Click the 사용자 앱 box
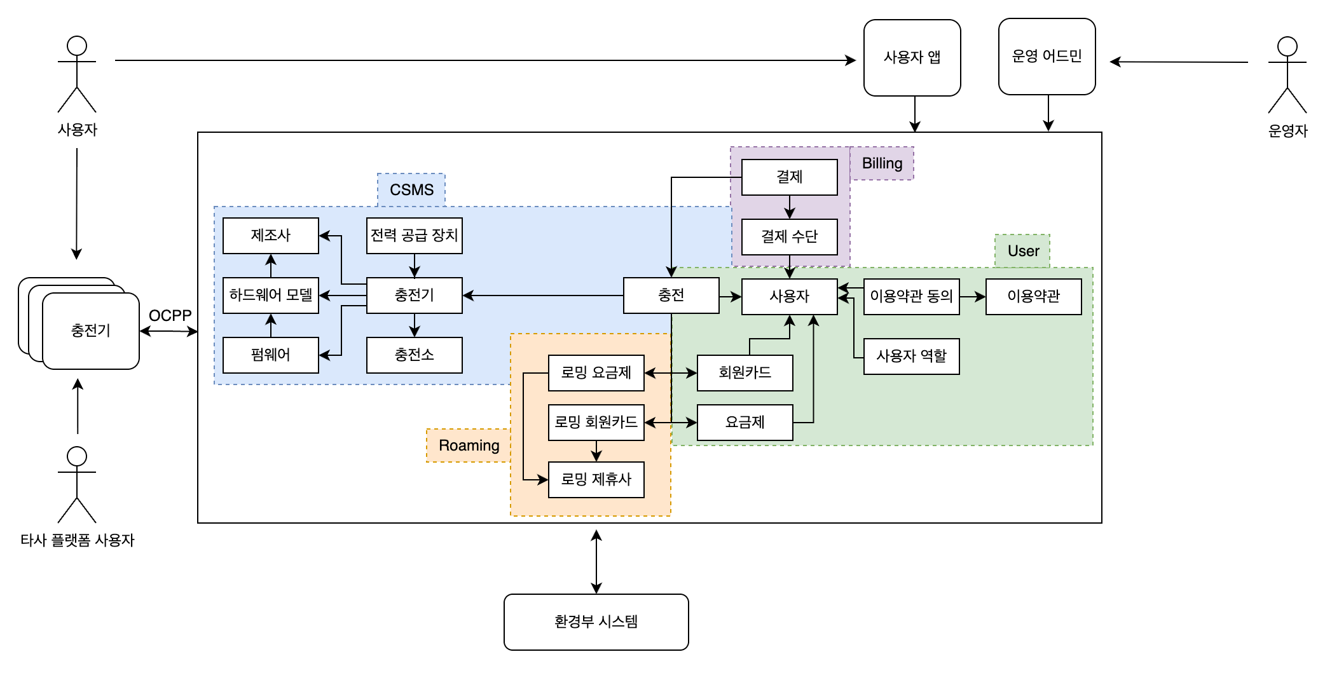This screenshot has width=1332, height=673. click(912, 58)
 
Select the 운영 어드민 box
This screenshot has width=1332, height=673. click(1047, 57)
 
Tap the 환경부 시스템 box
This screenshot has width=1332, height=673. click(596, 622)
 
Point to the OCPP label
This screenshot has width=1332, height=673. click(170, 315)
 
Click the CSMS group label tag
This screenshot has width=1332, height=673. click(411, 190)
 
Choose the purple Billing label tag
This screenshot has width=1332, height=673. click(882, 163)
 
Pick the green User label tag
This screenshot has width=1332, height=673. click(1022, 251)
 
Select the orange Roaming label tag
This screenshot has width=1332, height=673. click(469, 445)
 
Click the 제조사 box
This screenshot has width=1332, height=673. click(270, 236)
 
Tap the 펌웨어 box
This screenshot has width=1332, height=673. click(270, 355)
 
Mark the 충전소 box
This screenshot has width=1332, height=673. click(414, 355)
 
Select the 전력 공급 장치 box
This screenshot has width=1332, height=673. click(414, 236)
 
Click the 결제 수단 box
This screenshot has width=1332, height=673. click(789, 236)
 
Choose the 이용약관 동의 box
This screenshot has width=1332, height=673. click(911, 296)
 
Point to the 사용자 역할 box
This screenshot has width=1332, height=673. click(911, 356)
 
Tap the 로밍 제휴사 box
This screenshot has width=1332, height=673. click(596, 479)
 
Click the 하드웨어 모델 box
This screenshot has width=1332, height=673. click(270, 296)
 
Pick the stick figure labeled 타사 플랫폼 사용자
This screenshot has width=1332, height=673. click(77, 484)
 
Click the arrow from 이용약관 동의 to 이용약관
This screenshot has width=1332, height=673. click(972, 297)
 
